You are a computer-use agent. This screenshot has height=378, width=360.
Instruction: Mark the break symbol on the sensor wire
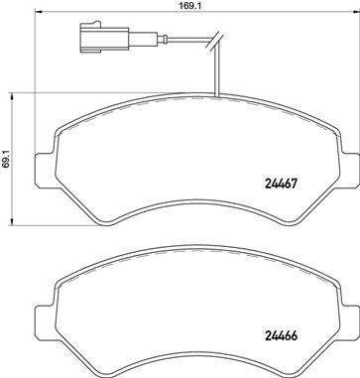point(209,43)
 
